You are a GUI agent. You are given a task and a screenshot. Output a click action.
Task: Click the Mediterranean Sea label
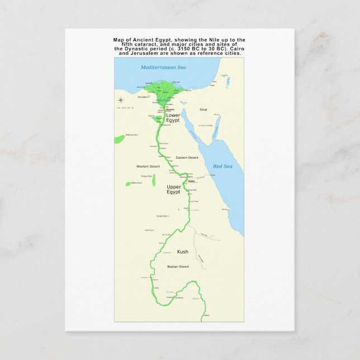click(163, 67)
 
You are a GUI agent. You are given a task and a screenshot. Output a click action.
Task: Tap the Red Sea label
click(222, 166)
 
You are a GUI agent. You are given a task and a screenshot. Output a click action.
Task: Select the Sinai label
click(203, 110)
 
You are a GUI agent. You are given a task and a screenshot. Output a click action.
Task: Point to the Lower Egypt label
click(173, 118)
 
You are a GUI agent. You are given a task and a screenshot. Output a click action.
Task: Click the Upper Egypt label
click(173, 190)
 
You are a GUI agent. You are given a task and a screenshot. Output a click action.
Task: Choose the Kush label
click(182, 252)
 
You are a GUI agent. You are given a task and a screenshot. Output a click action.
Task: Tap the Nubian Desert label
click(178, 267)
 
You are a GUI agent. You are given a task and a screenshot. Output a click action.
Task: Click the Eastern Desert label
click(187, 158)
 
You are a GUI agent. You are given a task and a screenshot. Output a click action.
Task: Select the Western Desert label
click(147, 167)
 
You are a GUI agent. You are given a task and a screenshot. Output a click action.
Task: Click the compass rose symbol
click(120, 100)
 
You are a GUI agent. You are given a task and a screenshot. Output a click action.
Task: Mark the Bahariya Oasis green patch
click(119, 139)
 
